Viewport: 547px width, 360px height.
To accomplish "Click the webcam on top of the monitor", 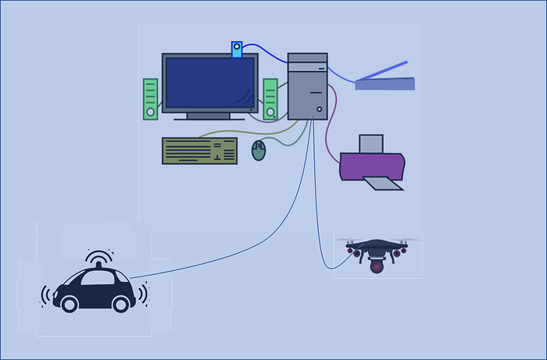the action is tap(236, 49).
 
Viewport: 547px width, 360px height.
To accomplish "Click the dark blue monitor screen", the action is tap(209, 84).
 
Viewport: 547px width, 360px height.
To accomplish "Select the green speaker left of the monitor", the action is tap(151, 99).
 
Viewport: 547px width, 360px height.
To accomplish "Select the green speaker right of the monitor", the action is tap(270, 98).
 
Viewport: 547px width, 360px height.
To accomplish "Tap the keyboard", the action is tap(199, 151).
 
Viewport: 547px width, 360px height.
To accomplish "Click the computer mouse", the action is tap(259, 150).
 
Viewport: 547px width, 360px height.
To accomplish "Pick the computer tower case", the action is tap(307, 86).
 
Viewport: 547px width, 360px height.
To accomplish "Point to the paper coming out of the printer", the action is tap(384, 183).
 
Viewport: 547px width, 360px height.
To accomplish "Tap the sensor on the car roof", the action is tap(98, 266).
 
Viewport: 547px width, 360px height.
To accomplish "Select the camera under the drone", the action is tap(377, 266).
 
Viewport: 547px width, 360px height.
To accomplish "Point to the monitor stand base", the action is tap(209, 118).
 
